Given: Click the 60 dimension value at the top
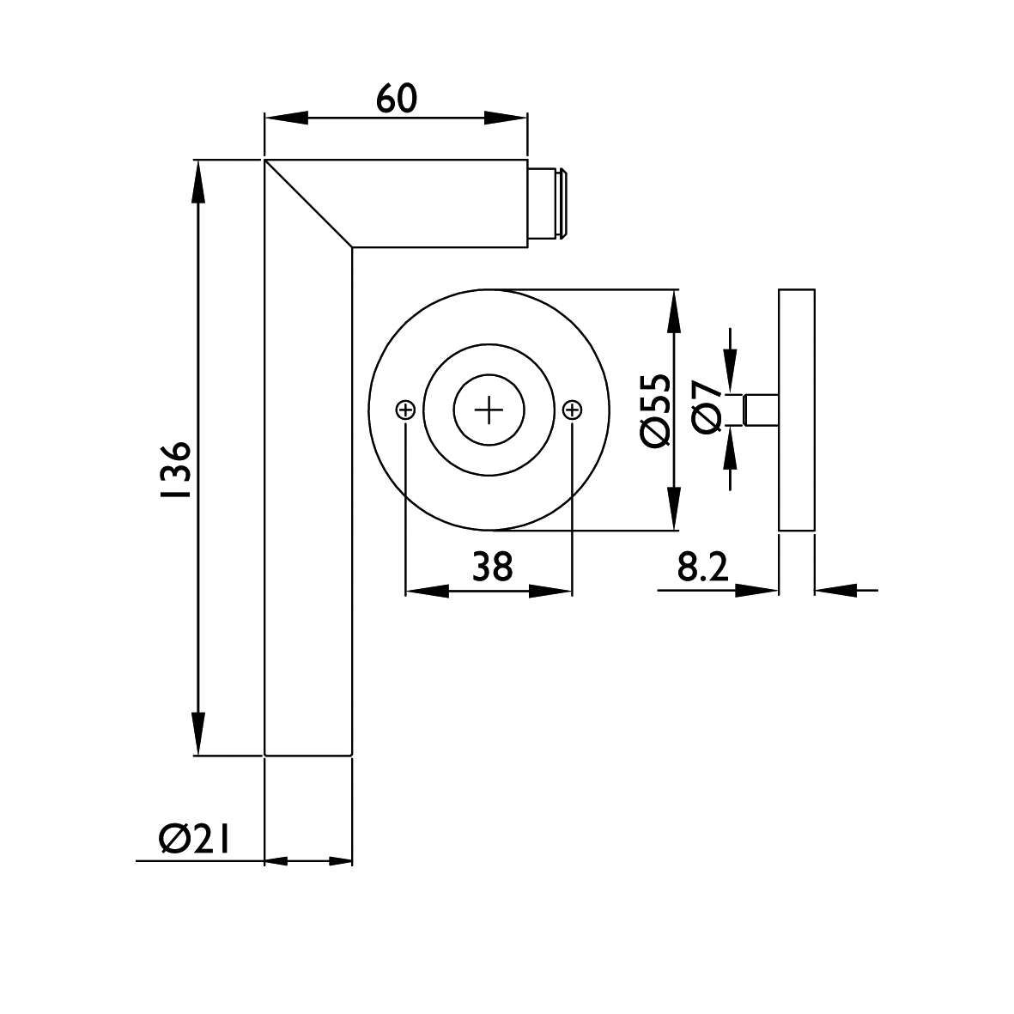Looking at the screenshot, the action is coord(397,99).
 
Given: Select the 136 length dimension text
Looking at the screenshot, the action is coord(177,471).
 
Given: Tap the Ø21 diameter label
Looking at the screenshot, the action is coord(194,839).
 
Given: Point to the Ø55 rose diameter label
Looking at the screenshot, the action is coord(655,410).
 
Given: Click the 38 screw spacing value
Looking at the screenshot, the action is coord(492,567).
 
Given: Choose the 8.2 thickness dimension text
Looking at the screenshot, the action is coord(703,567).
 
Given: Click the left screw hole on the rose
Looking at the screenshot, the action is coord(404,410).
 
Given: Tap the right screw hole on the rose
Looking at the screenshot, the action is coord(573,410).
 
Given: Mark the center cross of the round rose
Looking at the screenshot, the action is coord(489,410).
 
